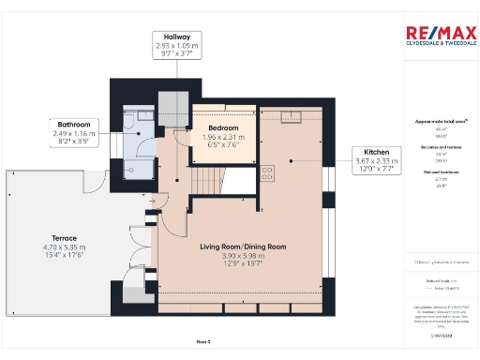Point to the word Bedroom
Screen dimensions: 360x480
[223, 128]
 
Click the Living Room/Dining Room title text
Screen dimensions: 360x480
[242, 247]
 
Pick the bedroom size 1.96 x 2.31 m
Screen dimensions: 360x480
[223, 137]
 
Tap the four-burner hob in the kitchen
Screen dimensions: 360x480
[265, 172]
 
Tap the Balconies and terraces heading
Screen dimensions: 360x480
[433, 148]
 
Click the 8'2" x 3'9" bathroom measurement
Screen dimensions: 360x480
[75, 143]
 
